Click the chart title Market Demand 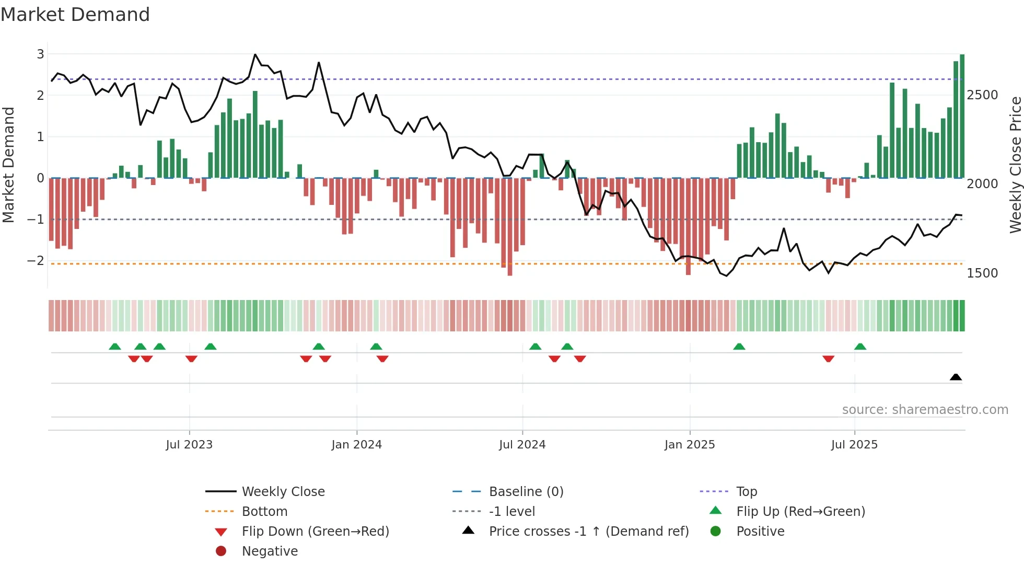pyautogui.click(x=75, y=15)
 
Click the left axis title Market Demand pyautogui.click(x=8, y=165)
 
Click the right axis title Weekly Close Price pyautogui.click(x=1015, y=165)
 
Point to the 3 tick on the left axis pyautogui.click(x=40, y=54)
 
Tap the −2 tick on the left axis pyautogui.click(x=36, y=260)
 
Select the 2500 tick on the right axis pyautogui.click(x=982, y=95)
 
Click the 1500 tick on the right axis pyautogui.click(x=982, y=273)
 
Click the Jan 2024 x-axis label pyautogui.click(x=356, y=445)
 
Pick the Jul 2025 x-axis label pyautogui.click(x=854, y=445)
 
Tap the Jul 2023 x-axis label pyautogui.click(x=189, y=445)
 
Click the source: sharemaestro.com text pyautogui.click(x=925, y=410)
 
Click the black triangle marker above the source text pyautogui.click(x=956, y=377)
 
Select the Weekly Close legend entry pyautogui.click(x=283, y=492)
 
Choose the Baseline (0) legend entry pyautogui.click(x=526, y=492)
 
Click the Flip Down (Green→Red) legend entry pyautogui.click(x=315, y=532)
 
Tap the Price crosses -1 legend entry pyautogui.click(x=588, y=532)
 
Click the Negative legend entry pyautogui.click(x=270, y=551)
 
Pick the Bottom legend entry pyautogui.click(x=264, y=512)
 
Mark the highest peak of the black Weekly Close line pyautogui.click(x=255, y=54)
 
